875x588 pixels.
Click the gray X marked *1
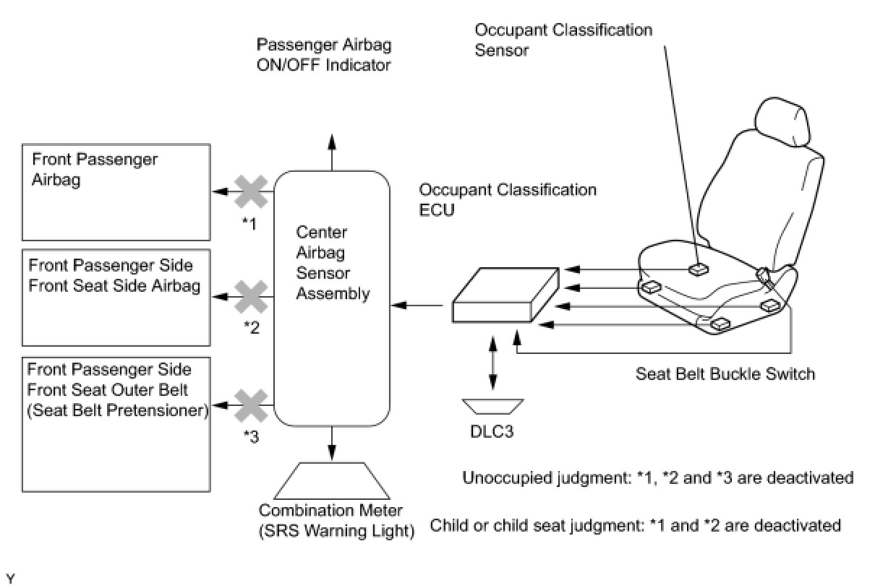(251, 191)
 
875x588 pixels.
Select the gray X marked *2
(251, 297)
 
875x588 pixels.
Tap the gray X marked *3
(251, 405)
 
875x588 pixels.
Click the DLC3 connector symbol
(492, 406)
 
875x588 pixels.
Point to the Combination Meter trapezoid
(332, 480)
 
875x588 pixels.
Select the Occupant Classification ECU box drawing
(505, 295)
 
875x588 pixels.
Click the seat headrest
(782, 121)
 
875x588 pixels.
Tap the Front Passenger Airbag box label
(95, 169)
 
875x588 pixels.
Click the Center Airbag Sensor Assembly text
(333, 263)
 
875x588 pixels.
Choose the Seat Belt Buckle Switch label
(725, 373)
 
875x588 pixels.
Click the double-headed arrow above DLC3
(493, 363)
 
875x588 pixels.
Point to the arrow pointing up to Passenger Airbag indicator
(332, 152)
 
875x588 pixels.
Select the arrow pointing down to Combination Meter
(332, 444)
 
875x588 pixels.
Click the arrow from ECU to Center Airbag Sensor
(417, 305)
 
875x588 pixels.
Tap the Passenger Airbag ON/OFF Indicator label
(324, 55)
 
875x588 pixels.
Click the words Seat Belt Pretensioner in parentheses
(118, 410)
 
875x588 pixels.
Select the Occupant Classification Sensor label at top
(563, 40)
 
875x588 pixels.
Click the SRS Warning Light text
(336, 531)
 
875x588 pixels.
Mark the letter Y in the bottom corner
(11, 579)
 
